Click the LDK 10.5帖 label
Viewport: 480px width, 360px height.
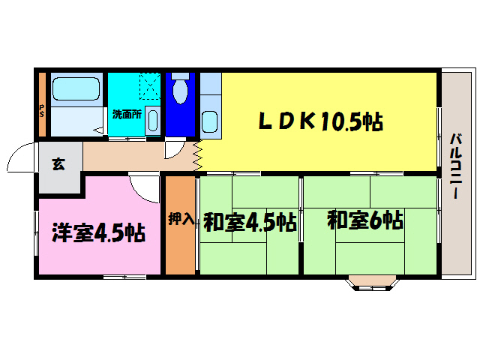[x=320, y=121]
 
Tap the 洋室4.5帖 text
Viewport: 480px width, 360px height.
[x=97, y=233]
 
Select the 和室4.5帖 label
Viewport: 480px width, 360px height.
[x=249, y=222]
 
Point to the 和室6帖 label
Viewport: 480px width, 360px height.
[x=365, y=220]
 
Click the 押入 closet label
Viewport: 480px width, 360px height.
[x=180, y=219]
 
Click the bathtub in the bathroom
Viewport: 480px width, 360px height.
[x=76, y=91]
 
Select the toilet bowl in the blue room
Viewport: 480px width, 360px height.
[x=179, y=91]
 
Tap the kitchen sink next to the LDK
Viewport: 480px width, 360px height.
[x=209, y=121]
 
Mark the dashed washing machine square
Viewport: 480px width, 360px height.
[x=150, y=88]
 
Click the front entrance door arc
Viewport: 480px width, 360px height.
[x=21, y=157]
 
